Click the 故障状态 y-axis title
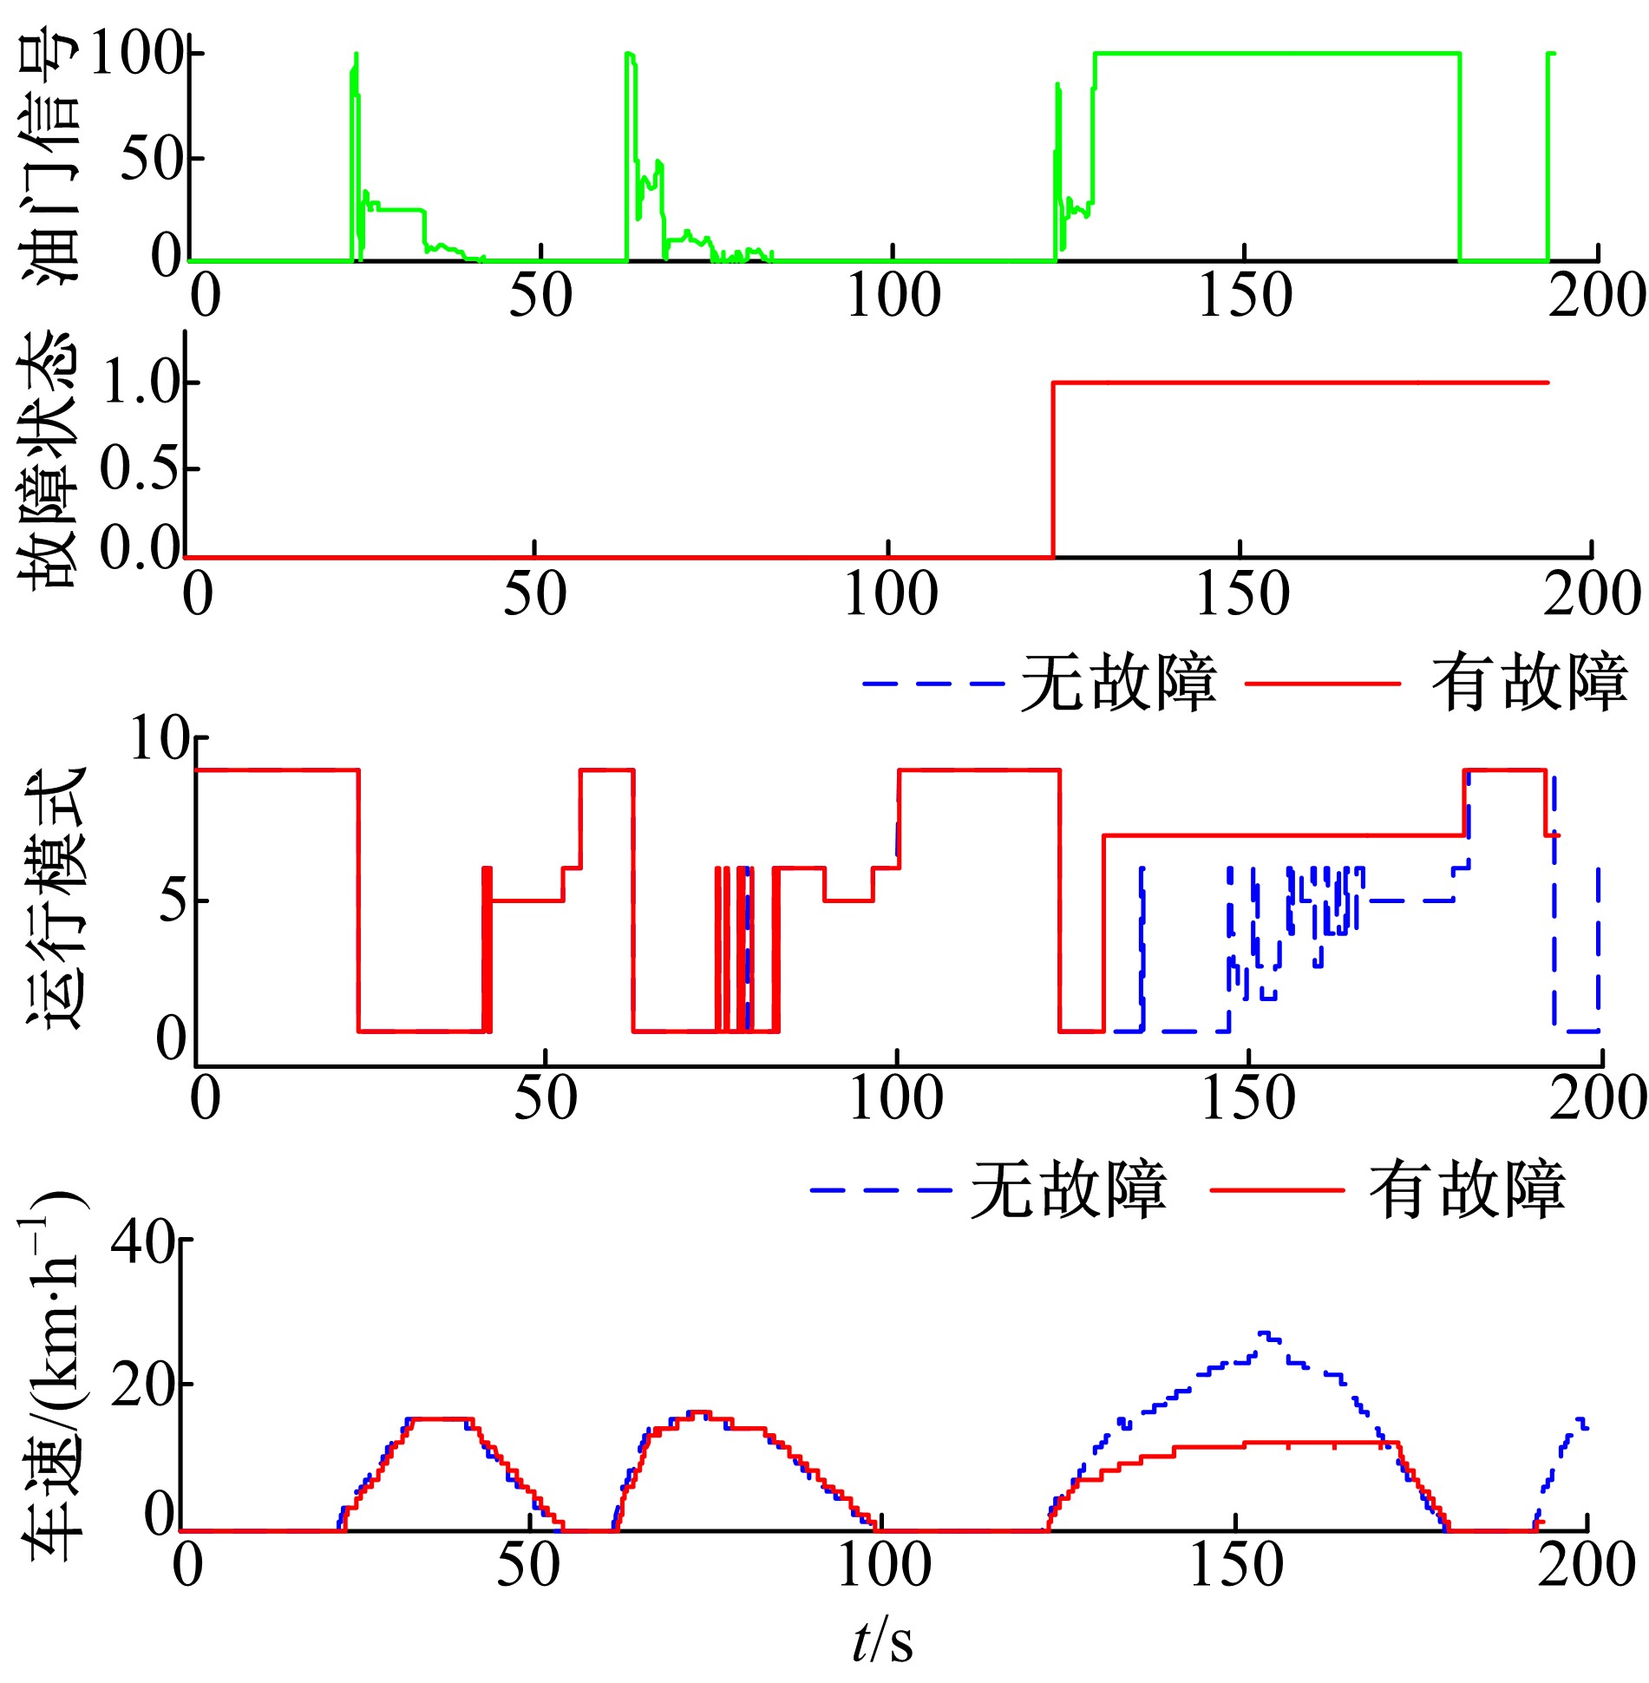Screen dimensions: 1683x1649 click(x=50, y=460)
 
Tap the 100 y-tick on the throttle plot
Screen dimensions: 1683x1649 click(x=134, y=54)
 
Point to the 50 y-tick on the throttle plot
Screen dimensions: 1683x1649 click(x=149, y=159)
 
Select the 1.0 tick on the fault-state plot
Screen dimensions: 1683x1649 click(x=139, y=383)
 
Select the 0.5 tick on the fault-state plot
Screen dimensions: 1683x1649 click(x=139, y=468)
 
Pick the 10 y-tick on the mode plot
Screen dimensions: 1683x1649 click(x=159, y=739)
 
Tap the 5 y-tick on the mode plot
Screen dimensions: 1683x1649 click(x=173, y=900)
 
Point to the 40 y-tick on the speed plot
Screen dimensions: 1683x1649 click(x=143, y=1243)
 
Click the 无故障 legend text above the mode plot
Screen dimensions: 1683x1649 click(x=1118, y=683)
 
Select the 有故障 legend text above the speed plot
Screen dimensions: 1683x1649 click(x=1467, y=1189)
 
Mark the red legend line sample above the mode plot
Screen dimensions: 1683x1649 click(x=1323, y=684)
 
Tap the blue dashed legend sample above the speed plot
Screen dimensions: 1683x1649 click(x=880, y=1190)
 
